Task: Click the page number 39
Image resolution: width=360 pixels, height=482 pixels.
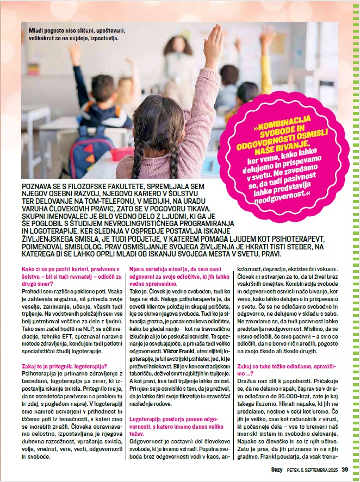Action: [345, 470]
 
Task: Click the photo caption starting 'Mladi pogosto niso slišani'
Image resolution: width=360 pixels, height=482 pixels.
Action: [73, 35]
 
